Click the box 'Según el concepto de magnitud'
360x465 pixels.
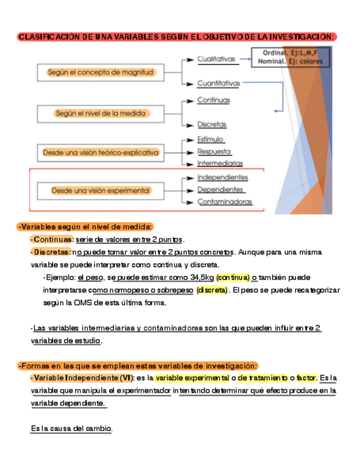click(101, 72)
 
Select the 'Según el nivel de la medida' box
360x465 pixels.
click(101, 114)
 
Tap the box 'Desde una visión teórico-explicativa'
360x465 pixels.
click(101, 152)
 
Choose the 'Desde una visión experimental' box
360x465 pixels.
click(101, 191)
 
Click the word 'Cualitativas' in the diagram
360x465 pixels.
click(216, 59)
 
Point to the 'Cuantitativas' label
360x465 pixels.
click(219, 84)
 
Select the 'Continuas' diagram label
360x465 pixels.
click(213, 100)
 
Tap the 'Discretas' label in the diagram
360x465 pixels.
click(212, 124)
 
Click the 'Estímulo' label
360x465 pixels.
click(210, 140)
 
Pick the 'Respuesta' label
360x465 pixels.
click(214, 151)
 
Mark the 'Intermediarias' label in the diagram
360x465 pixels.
click(220, 163)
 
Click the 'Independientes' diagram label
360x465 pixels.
click(222, 178)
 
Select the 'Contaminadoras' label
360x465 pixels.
click(225, 202)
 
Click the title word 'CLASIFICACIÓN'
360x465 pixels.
click(48, 37)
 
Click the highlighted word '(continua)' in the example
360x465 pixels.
click(233, 277)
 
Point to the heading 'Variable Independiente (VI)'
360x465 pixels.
click(83, 378)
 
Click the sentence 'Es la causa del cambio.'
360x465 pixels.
click(71, 428)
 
